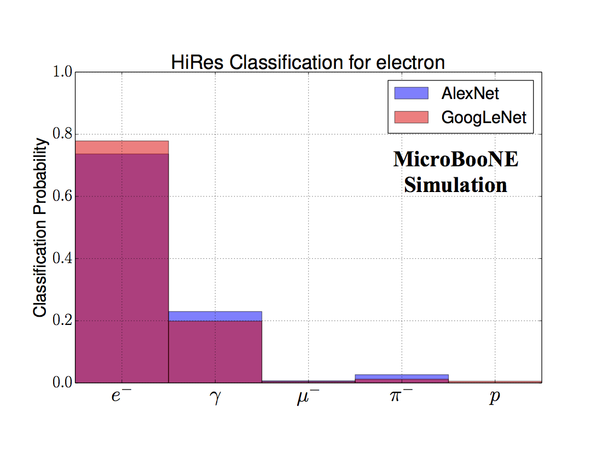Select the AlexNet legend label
470,94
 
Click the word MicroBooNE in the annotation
455,160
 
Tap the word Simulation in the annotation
455,185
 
